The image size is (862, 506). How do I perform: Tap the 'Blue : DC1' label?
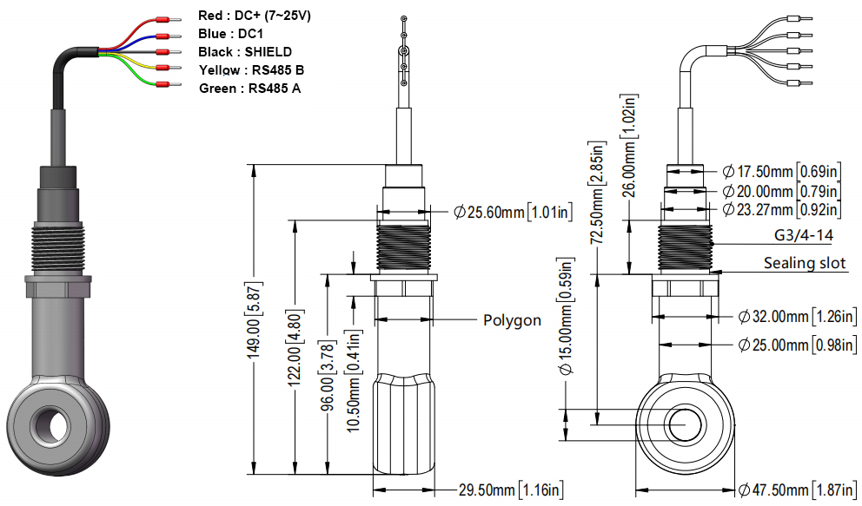(x=229, y=34)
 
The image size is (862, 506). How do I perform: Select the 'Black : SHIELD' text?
(x=245, y=52)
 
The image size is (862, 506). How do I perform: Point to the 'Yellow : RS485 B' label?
(x=251, y=70)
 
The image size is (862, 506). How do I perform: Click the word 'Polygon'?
(x=512, y=320)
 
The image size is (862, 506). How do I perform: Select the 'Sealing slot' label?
(x=805, y=262)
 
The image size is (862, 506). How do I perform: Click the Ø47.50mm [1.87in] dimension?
(x=797, y=489)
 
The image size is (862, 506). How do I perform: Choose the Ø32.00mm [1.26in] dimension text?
(x=797, y=318)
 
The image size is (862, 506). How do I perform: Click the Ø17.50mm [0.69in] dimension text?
(x=781, y=172)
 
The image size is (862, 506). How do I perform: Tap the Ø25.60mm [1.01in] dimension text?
(x=513, y=212)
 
